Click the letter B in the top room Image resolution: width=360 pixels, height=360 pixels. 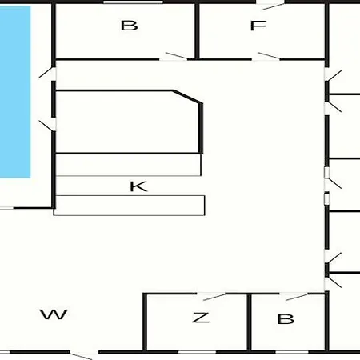(x=130, y=26)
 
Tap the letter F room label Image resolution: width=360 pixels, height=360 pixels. (x=258, y=26)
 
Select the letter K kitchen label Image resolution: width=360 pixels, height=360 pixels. (x=138, y=186)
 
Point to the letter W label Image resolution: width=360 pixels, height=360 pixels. (x=54, y=314)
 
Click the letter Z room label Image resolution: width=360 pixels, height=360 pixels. (x=201, y=318)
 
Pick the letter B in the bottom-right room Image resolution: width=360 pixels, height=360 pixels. (x=286, y=319)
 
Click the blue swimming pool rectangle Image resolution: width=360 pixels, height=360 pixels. (x=15, y=92)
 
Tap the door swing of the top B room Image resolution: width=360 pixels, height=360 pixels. (x=176, y=55)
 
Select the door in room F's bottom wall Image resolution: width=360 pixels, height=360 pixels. (x=269, y=56)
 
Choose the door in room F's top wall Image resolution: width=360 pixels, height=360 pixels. (x=274, y=6)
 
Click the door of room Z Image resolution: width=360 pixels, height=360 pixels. (x=214, y=297)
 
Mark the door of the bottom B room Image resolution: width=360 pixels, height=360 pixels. (x=296, y=297)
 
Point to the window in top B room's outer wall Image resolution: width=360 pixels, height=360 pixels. (x=133, y=2)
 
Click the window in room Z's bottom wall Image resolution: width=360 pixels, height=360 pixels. (x=197, y=352)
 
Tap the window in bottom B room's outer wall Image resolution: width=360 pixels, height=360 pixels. (x=292, y=352)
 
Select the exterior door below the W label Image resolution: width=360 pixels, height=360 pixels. (x=81, y=356)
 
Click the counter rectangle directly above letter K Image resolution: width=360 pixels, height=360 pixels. (x=128, y=165)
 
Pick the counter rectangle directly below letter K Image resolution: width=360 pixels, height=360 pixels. (x=130, y=206)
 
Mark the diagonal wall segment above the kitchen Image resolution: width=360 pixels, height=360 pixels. (x=186, y=97)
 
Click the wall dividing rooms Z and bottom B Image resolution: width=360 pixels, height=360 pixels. (x=249, y=322)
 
